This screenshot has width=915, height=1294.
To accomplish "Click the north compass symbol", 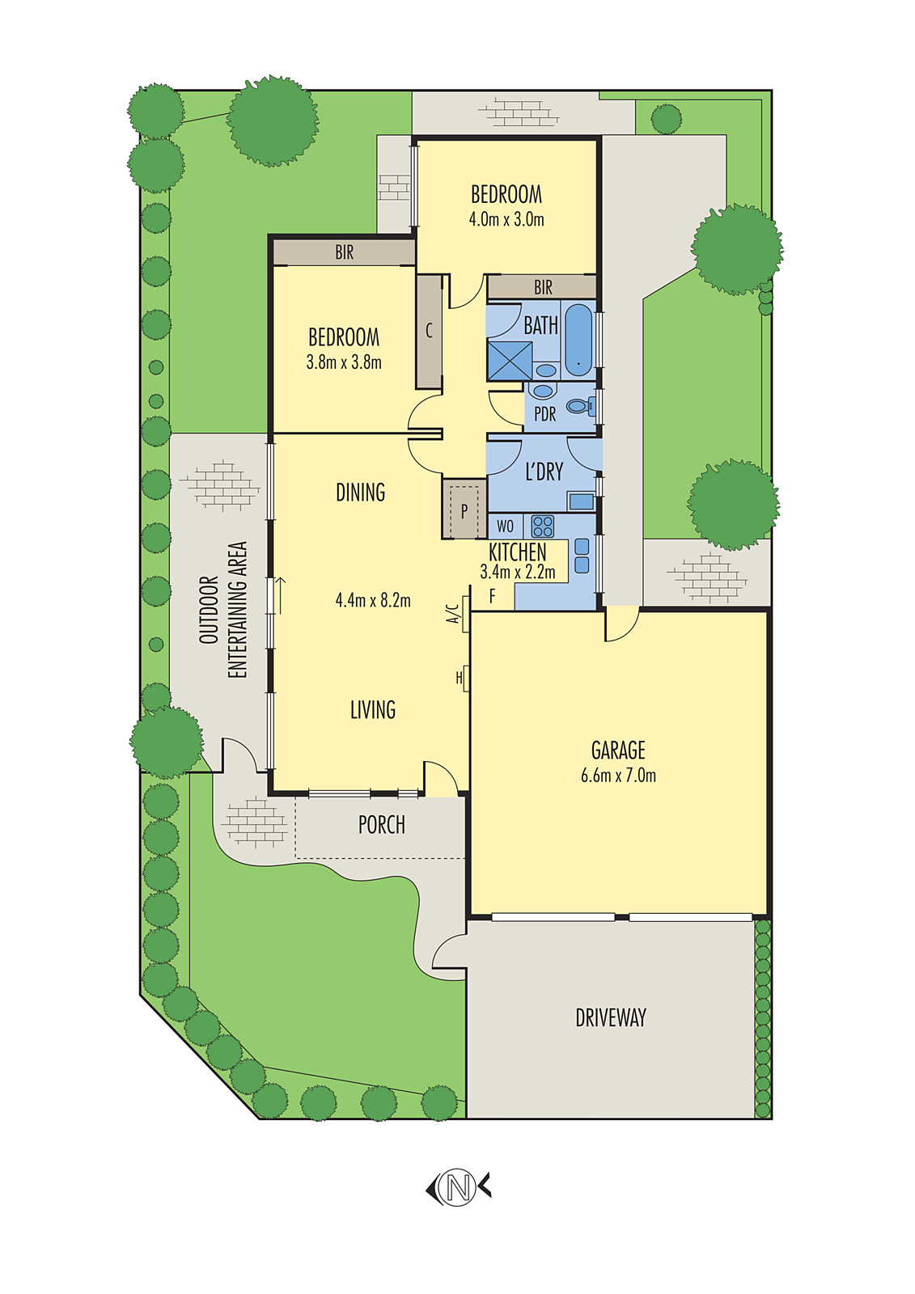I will tap(459, 1187).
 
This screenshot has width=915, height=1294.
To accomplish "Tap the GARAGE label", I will tap(618, 750).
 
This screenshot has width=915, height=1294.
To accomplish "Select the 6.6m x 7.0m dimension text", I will tap(618, 776).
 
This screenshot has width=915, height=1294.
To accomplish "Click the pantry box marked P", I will tap(464, 510).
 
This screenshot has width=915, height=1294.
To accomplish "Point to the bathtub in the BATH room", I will tap(578, 340).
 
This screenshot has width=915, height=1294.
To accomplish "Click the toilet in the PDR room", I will tap(580, 407).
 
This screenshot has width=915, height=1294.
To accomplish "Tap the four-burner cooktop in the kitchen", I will tap(542, 526).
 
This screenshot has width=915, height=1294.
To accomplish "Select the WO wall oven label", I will tap(505, 526).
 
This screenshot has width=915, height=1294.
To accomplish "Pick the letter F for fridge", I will tap(492, 598).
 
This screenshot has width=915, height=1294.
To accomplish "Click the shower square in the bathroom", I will tap(510, 361).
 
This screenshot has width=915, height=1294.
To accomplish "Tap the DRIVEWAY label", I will tap(611, 1017).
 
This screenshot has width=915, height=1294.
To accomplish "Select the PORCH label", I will tap(382, 825).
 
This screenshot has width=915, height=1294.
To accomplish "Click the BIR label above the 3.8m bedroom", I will tap(345, 252).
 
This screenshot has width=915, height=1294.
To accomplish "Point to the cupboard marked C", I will tap(429, 331).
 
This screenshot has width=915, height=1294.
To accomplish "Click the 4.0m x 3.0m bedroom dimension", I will tap(506, 219).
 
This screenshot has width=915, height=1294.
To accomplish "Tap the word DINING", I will tap(361, 492).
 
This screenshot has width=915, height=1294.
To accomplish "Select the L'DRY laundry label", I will tap(544, 472).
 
